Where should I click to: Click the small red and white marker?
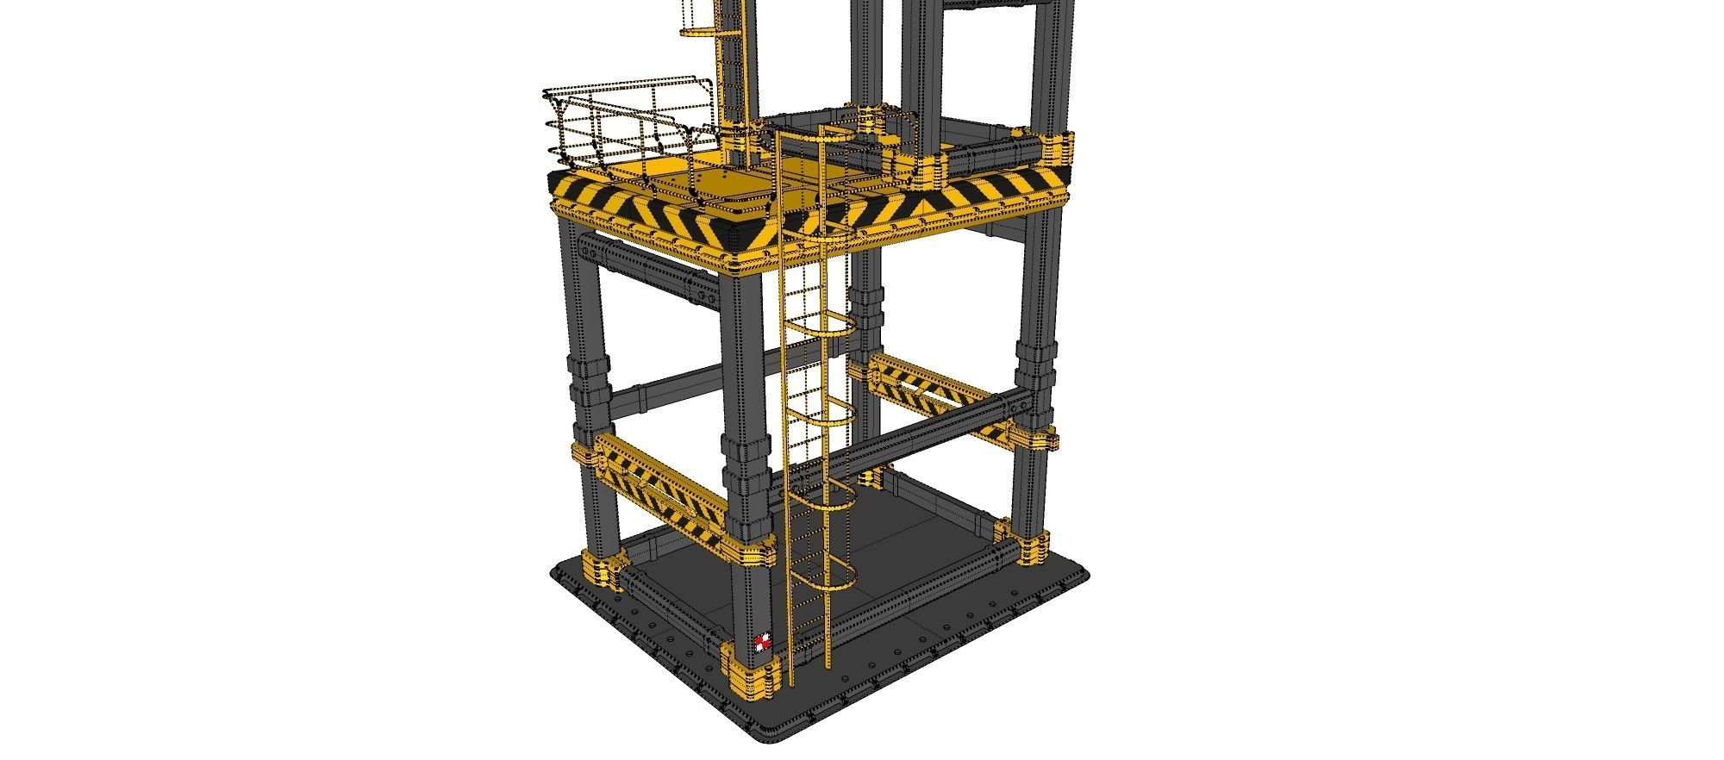tap(761, 643)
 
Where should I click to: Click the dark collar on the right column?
tap(1035, 362)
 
